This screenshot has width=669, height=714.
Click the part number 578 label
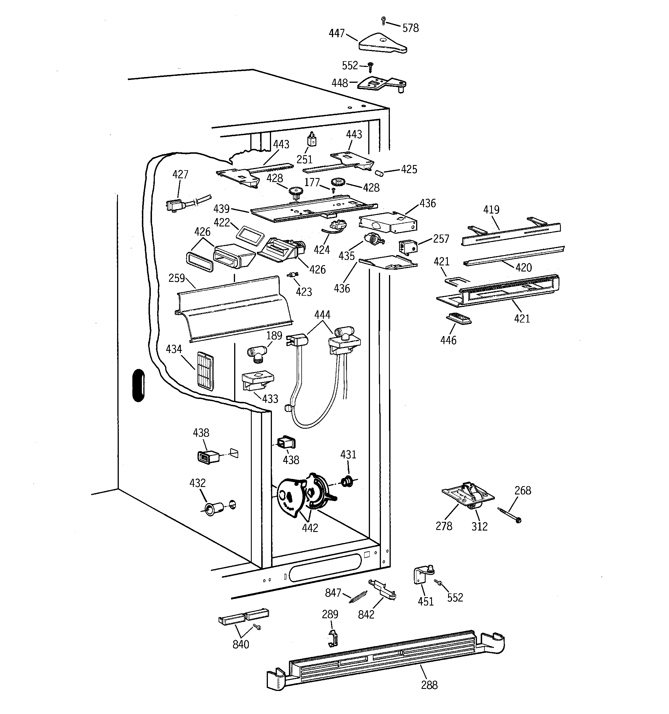pos(410,28)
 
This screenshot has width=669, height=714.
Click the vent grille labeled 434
pos(205,371)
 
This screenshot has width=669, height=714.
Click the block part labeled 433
pos(257,381)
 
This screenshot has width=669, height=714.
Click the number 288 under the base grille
pos(429,685)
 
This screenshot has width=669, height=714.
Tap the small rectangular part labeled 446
pos(458,318)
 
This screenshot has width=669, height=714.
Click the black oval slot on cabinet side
pos(138,385)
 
